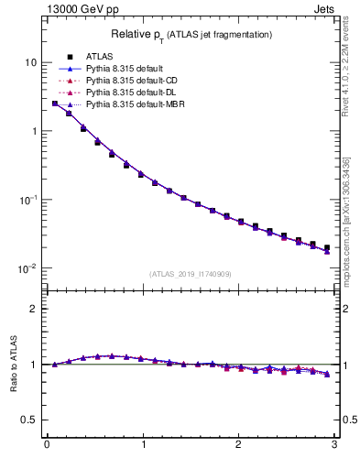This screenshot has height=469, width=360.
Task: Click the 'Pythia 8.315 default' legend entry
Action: [124, 69]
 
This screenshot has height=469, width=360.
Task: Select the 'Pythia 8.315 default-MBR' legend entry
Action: [134, 104]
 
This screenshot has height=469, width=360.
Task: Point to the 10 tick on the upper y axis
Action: [30, 62]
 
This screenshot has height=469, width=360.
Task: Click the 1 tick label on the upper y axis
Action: [33, 131]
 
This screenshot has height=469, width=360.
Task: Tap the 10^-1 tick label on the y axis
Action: [27, 199]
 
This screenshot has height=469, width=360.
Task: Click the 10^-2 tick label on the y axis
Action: [27, 267]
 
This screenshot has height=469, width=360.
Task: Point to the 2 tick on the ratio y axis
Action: [33, 309]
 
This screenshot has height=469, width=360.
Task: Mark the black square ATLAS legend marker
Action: [69, 57]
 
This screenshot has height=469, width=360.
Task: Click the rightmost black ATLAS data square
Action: [327, 247]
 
